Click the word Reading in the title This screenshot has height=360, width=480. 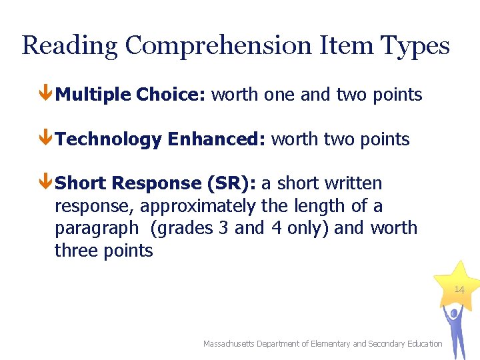[x=69, y=47]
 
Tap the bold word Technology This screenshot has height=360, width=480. [x=108, y=139]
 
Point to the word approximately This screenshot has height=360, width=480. [x=197, y=206]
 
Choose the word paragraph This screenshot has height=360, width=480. [x=97, y=229]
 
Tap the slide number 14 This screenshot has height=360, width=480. [x=459, y=289]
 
